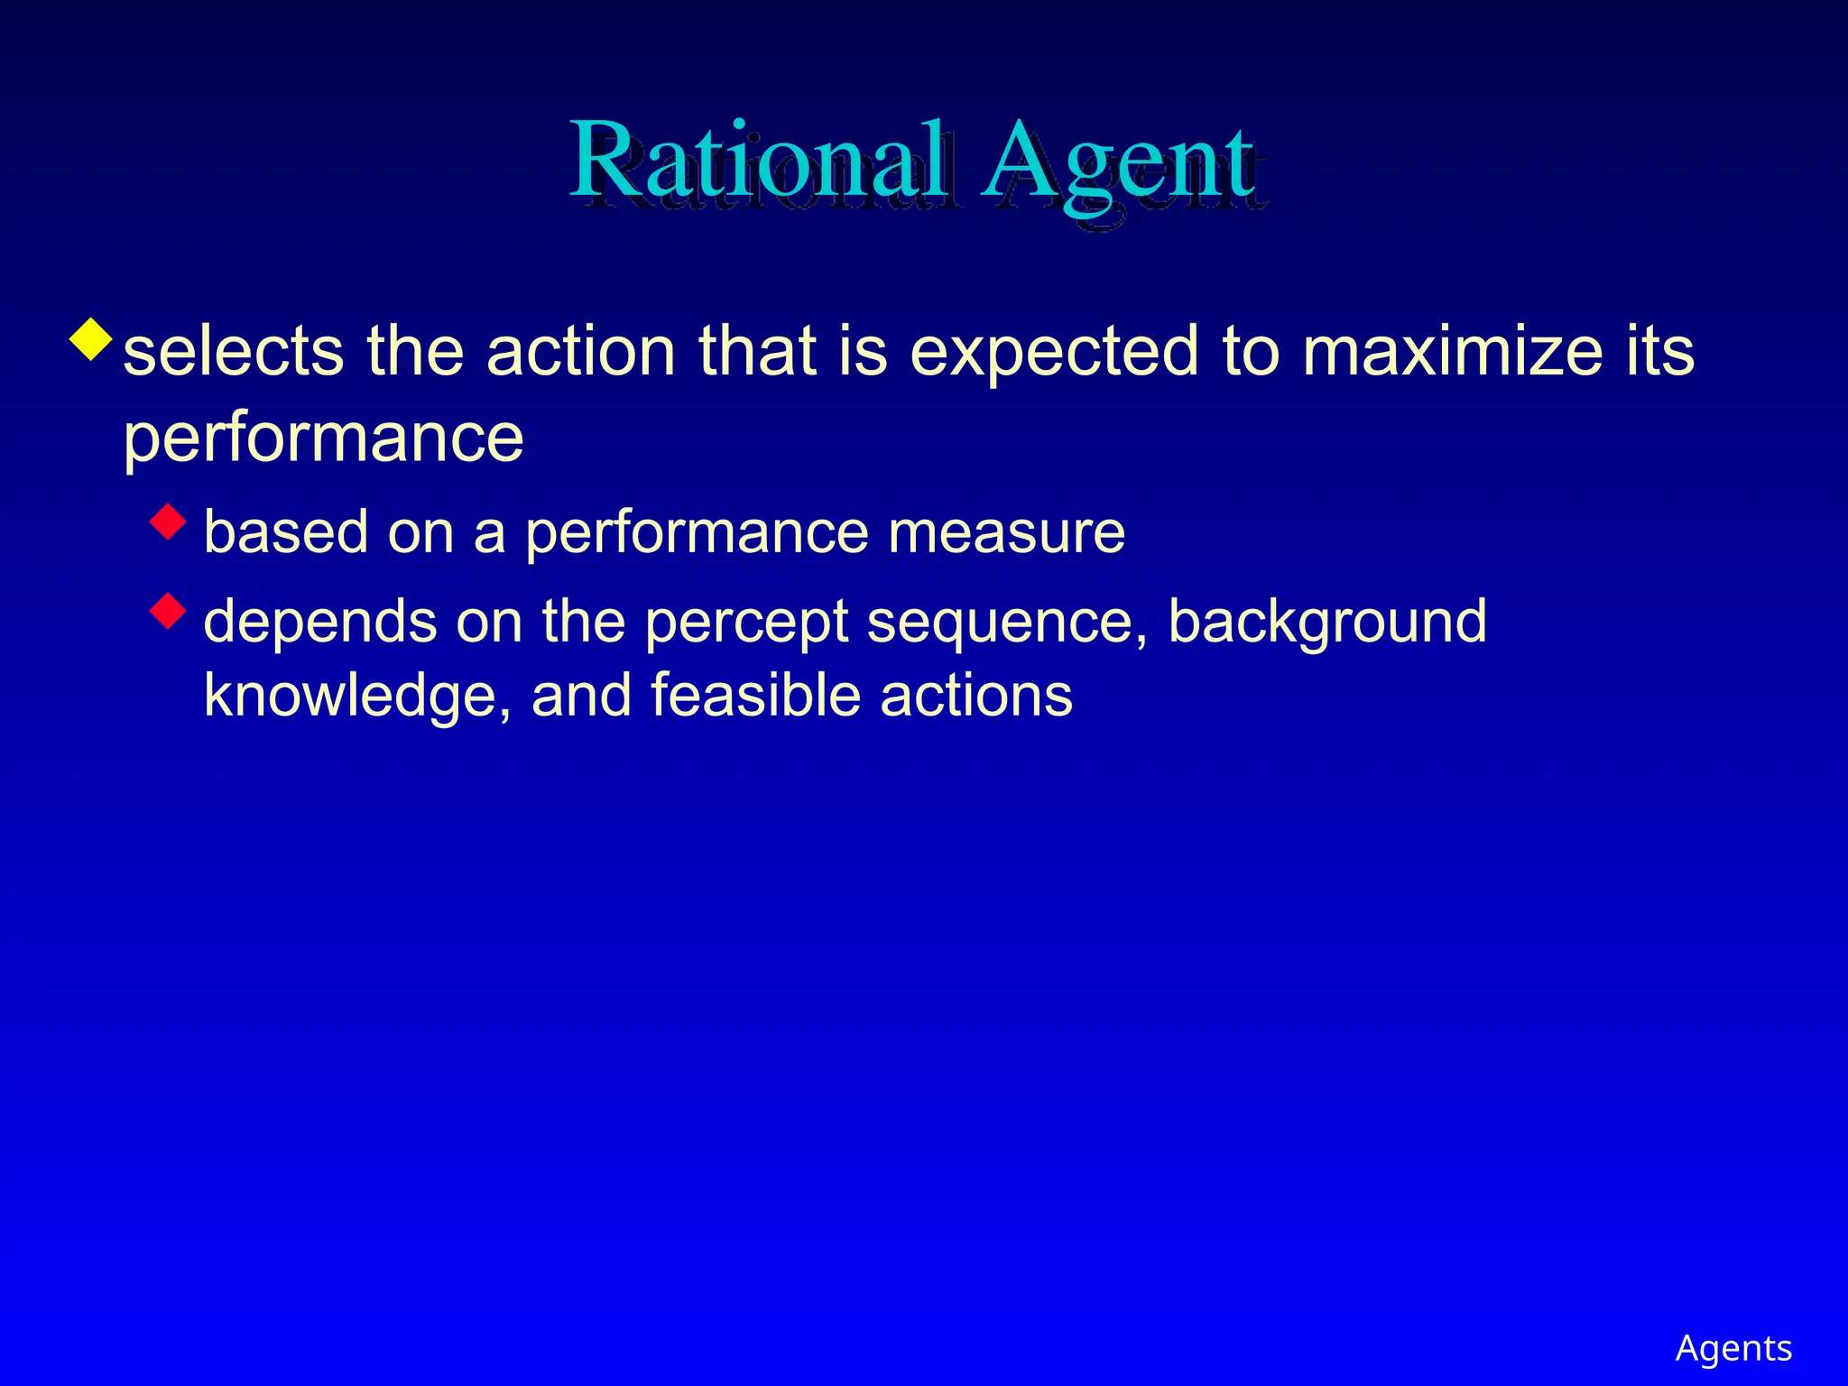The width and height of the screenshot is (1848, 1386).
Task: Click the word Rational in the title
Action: (759, 162)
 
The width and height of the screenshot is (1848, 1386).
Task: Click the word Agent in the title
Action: (1119, 162)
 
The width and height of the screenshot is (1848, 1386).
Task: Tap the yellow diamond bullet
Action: (91, 339)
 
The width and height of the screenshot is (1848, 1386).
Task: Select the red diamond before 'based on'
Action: (168, 521)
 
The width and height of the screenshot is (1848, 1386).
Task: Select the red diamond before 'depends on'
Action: (168, 611)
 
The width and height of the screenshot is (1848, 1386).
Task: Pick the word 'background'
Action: (1326, 623)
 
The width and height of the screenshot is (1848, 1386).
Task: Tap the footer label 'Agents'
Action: (1733, 1348)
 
